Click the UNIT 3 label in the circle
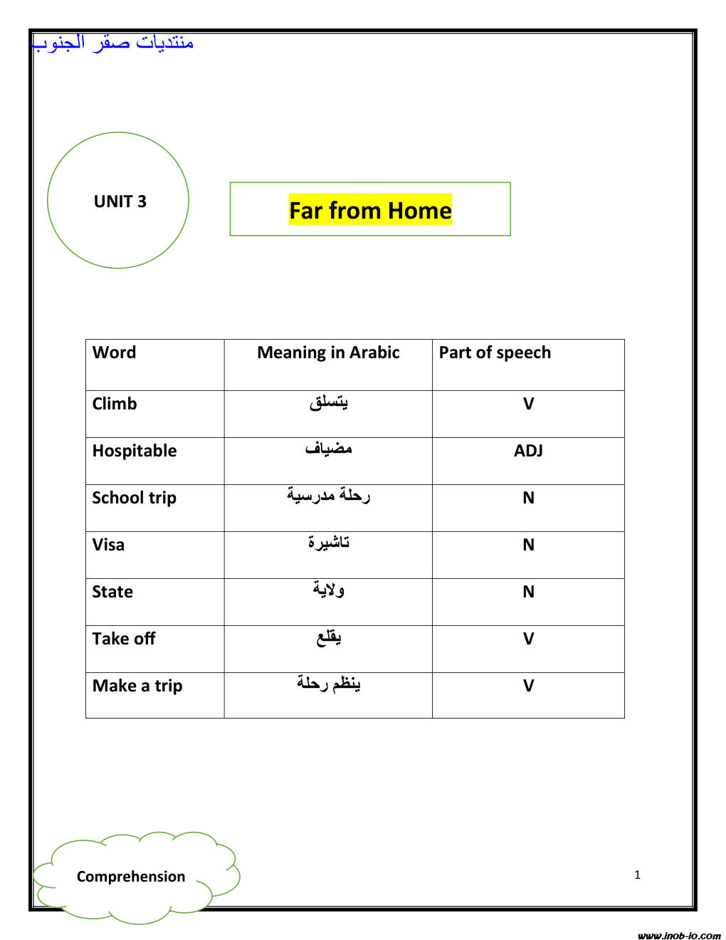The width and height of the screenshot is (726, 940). click(x=120, y=202)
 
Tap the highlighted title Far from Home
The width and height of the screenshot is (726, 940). click(x=370, y=211)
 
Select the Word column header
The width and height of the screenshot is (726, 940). click(x=114, y=352)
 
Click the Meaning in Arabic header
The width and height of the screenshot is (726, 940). click(x=328, y=352)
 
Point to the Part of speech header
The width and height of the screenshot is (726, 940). click(x=495, y=352)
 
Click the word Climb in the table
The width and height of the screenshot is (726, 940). click(x=115, y=404)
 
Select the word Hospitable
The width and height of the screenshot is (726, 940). click(x=135, y=451)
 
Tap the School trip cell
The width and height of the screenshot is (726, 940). click(x=134, y=498)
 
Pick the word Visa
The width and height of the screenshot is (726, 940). click(x=108, y=545)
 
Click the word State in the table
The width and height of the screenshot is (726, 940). click(x=112, y=592)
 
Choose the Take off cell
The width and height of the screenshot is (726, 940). click(x=124, y=639)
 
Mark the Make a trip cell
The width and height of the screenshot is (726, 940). click(x=137, y=686)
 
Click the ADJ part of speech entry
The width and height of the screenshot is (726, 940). click(x=528, y=451)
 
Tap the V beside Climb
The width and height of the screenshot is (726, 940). click(x=528, y=404)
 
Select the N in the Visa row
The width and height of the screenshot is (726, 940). click(x=528, y=545)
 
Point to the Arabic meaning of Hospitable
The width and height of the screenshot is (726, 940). click(x=328, y=449)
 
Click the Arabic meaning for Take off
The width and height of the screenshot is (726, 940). click(x=328, y=637)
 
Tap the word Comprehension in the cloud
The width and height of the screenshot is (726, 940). click(x=131, y=877)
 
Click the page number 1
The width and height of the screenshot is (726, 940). click(x=638, y=875)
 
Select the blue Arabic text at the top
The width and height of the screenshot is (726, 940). click(x=112, y=43)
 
